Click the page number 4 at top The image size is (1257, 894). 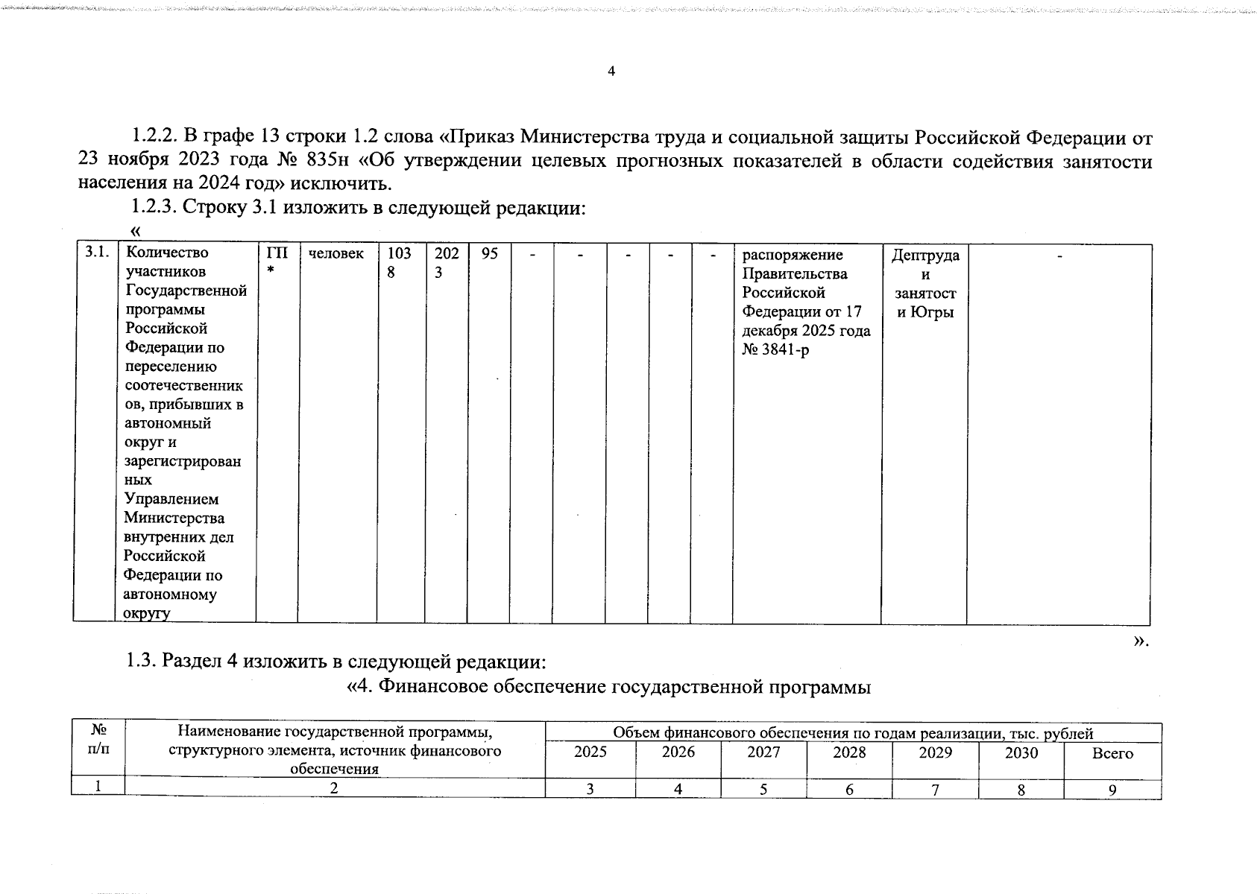click(x=611, y=72)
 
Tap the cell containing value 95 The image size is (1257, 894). click(x=489, y=254)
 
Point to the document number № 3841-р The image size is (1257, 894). click(x=775, y=350)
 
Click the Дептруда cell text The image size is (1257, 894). click(x=925, y=256)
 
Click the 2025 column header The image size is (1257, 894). click(x=590, y=752)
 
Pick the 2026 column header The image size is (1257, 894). click(x=678, y=752)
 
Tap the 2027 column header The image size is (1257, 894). click(x=763, y=752)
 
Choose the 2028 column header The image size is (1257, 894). click(x=849, y=752)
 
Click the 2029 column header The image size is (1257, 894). click(x=935, y=752)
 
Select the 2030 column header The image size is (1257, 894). click(x=1021, y=752)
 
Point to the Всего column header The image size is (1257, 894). click(x=1112, y=753)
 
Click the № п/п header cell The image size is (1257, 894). click(x=98, y=740)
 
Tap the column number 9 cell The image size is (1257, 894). click(x=1112, y=790)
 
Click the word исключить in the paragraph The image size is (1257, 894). click(x=348, y=183)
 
